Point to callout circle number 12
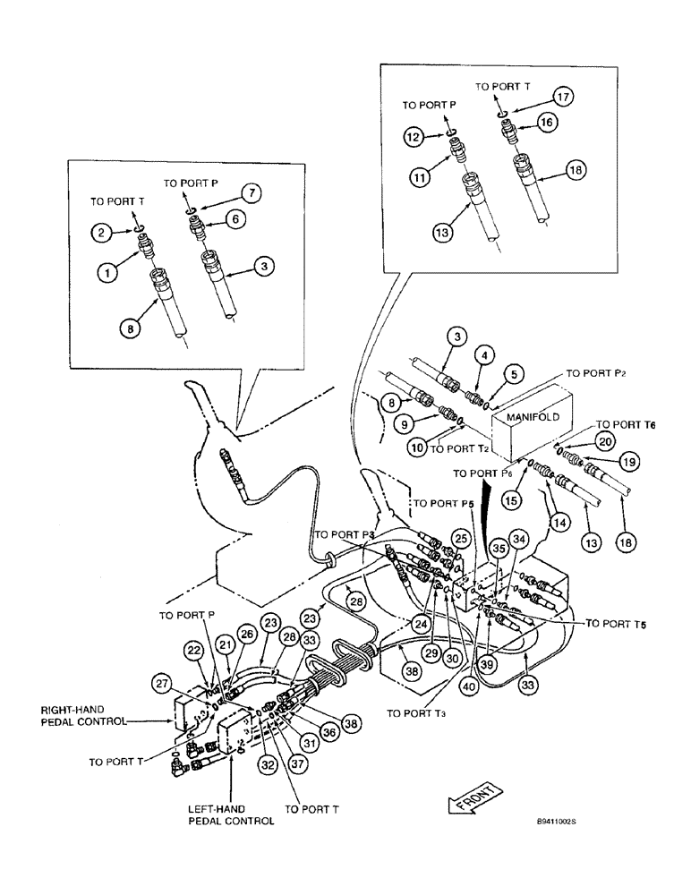coord(414,137)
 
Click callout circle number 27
coord(188,684)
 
